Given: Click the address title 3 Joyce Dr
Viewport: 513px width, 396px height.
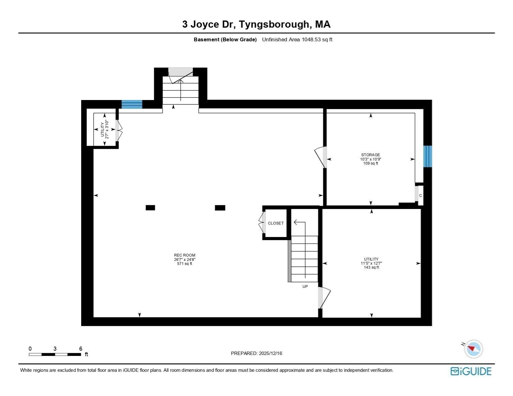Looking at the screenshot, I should click(x=256, y=24).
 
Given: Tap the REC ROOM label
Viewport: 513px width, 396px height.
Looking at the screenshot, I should click(x=185, y=255).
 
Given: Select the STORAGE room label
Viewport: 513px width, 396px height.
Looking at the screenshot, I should click(x=370, y=155).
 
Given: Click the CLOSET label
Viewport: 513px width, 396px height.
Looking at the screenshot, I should click(x=276, y=223).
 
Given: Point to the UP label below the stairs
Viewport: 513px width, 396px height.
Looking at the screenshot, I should click(x=305, y=287).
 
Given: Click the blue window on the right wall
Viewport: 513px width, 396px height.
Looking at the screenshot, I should click(x=427, y=156).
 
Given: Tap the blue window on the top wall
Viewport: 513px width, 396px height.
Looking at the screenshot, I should click(x=132, y=104).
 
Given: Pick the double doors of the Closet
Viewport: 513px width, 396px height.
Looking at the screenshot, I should click(x=262, y=223).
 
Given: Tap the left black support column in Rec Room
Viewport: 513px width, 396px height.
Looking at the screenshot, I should click(x=150, y=208).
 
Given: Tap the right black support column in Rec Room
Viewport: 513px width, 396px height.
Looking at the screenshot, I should click(x=220, y=208).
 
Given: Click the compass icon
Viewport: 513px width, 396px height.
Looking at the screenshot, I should click(x=473, y=348).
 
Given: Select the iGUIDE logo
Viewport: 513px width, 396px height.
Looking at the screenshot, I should click(x=471, y=371).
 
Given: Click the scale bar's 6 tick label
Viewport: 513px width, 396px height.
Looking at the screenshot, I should click(x=81, y=349).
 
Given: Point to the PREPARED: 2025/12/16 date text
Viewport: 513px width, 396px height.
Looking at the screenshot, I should click(x=256, y=353).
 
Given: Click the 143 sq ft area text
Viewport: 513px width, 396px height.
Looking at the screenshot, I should click(x=371, y=267).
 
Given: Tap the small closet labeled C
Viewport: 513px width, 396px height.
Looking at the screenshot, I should click(x=420, y=195).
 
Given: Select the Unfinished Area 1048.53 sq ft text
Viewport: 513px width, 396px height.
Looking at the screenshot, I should click(x=297, y=39).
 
